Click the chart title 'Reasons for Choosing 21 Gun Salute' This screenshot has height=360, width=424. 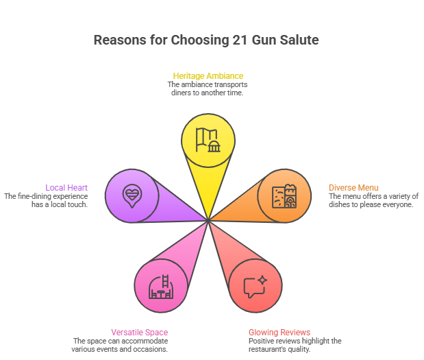coord(205,40)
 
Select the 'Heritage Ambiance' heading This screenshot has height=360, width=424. coord(208,75)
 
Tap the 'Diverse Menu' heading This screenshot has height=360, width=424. coord(353,187)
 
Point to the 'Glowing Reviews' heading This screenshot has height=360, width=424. coord(279,333)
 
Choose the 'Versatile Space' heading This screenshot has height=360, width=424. coord(139,333)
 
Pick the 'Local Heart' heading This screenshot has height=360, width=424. coord(66,187)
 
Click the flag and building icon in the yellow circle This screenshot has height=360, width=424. coord(208,140)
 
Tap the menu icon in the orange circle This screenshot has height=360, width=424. coord(284,197)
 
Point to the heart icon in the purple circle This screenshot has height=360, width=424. coord(132,196)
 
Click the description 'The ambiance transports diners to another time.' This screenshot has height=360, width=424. coord(208,88)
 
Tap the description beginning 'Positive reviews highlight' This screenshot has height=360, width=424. coord(295,345)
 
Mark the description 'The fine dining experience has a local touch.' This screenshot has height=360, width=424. coord(47,200)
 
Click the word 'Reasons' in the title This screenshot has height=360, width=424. coord(117,40)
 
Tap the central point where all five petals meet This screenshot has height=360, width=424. coord(208,220)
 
